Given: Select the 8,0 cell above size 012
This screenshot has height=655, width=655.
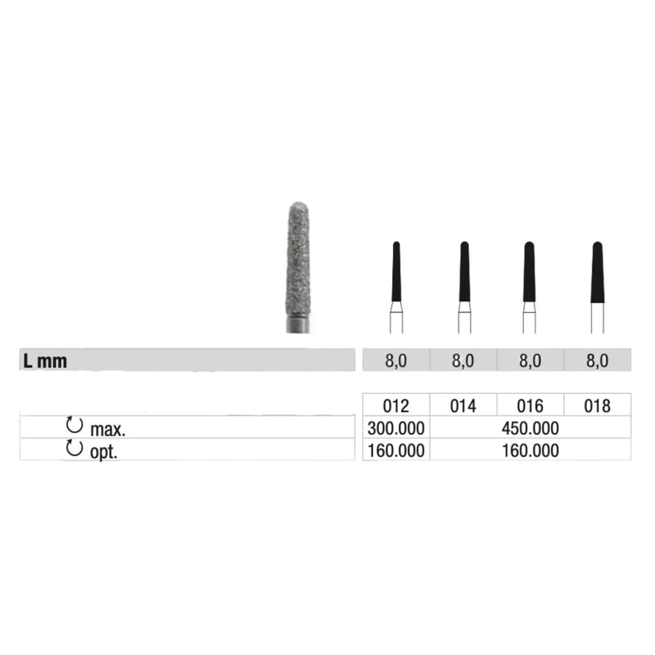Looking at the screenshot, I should tap(396, 360).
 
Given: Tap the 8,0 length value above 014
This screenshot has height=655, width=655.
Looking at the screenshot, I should tap(464, 360).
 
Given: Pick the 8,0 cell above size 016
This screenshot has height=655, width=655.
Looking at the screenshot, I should tap(530, 360).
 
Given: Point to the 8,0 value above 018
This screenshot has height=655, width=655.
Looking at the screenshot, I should tap(597, 360).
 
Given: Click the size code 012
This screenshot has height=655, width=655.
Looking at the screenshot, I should tap(396, 406).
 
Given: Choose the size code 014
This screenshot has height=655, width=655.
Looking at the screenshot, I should tap(464, 406).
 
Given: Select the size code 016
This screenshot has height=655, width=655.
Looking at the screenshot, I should tap(530, 406).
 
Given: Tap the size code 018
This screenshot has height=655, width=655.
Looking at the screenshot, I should tap(597, 406).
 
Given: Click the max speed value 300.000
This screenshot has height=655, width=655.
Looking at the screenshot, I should tap(396, 428).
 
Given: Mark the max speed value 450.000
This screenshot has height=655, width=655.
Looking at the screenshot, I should tap(530, 428).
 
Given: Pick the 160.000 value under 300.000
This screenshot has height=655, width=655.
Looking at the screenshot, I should tap(396, 451).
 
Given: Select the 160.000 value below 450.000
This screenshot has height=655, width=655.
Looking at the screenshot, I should tap(530, 451).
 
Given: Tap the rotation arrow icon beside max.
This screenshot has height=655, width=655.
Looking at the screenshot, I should tap(75, 426).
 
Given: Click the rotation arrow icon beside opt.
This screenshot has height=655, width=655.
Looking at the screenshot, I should tap(75, 449).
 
